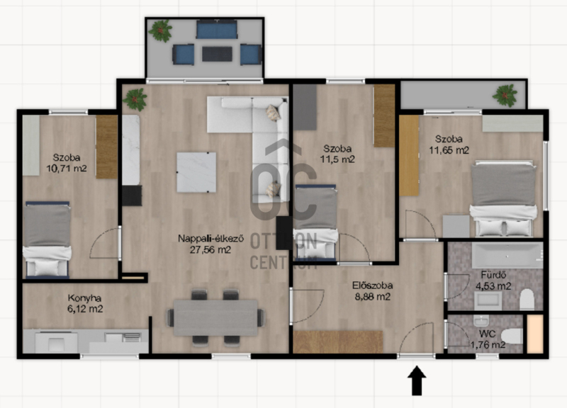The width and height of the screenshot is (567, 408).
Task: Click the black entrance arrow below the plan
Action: pos(417,380)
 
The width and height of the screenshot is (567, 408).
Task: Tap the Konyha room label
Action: pos(84,298)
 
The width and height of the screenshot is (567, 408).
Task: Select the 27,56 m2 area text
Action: pos(210,250)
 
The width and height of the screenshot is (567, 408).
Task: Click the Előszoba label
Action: pos(373,285)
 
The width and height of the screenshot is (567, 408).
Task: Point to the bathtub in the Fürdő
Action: pos(507,255)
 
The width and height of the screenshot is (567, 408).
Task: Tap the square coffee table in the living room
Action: pos(196,172)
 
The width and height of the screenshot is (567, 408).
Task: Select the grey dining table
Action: pos(215,317)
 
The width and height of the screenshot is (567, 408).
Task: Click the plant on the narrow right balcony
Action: pos(505,96)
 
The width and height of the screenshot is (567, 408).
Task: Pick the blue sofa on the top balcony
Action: pos(217,30)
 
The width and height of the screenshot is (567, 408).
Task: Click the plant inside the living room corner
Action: pos(135,99)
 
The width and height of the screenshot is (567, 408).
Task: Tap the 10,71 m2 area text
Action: pos(67,169)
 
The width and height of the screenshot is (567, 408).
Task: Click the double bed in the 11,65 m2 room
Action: pos(503,199)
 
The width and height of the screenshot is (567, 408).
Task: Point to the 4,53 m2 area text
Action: pos(493,286)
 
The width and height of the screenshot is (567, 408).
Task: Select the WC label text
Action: pos(487,334)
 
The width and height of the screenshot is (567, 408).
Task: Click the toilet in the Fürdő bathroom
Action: pos(527,299)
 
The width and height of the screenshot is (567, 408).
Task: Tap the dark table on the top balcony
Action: pos(217,55)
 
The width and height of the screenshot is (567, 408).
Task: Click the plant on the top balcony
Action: pos(160,30)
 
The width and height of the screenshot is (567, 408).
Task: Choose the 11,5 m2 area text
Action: pos(337,159)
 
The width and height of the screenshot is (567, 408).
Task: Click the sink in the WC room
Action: pos(481,321)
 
